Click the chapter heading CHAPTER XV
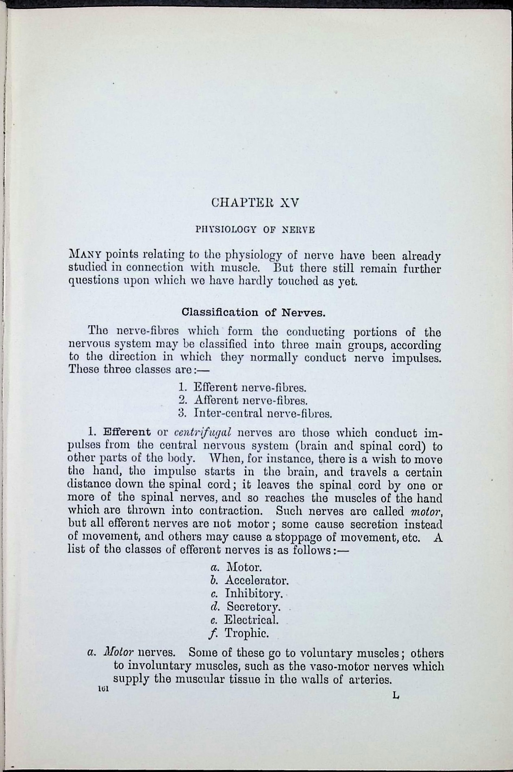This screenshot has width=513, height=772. click(x=255, y=203)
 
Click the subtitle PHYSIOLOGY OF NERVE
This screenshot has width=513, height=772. click(x=255, y=229)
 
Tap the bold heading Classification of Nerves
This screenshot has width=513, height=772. click(x=254, y=312)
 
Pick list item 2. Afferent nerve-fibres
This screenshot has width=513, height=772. click(x=243, y=400)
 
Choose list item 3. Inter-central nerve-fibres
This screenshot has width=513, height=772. click(x=255, y=414)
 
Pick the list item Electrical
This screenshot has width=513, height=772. click(x=251, y=620)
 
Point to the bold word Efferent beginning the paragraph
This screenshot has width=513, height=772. click(x=127, y=432)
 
